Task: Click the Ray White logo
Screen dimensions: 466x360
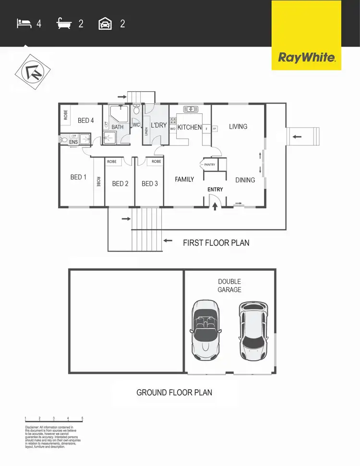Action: click(x=306, y=58)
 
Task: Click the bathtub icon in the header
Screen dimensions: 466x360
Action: click(x=64, y=23)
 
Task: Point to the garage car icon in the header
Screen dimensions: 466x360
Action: click(x=105, y=23)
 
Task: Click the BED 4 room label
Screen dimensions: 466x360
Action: click(x=86, y=120)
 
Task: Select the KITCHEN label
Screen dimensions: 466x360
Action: click(x=190, y=127)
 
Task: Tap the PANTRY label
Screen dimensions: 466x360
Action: click(x=210, y=165)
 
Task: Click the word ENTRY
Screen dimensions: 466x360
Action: click(x=215, y=190)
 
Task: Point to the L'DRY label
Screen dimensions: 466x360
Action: click(x=158, y=126)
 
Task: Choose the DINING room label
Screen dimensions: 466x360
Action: click(x=245, y=180)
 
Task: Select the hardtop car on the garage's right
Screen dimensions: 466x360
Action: click(x=253, y=331)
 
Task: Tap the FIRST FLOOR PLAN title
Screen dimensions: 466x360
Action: click(x=216, y=243)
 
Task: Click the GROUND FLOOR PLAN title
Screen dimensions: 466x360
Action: click(x=174, y=393)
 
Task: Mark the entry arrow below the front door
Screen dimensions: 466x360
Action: click(x=215, y=206)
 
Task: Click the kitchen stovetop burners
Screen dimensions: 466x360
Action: click(x=173, y=120)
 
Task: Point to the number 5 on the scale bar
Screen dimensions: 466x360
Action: click(x=83, y=418)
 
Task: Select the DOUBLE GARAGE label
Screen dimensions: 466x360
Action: click(x=229, y=286)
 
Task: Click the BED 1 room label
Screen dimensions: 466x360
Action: click(x=78, y=177)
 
